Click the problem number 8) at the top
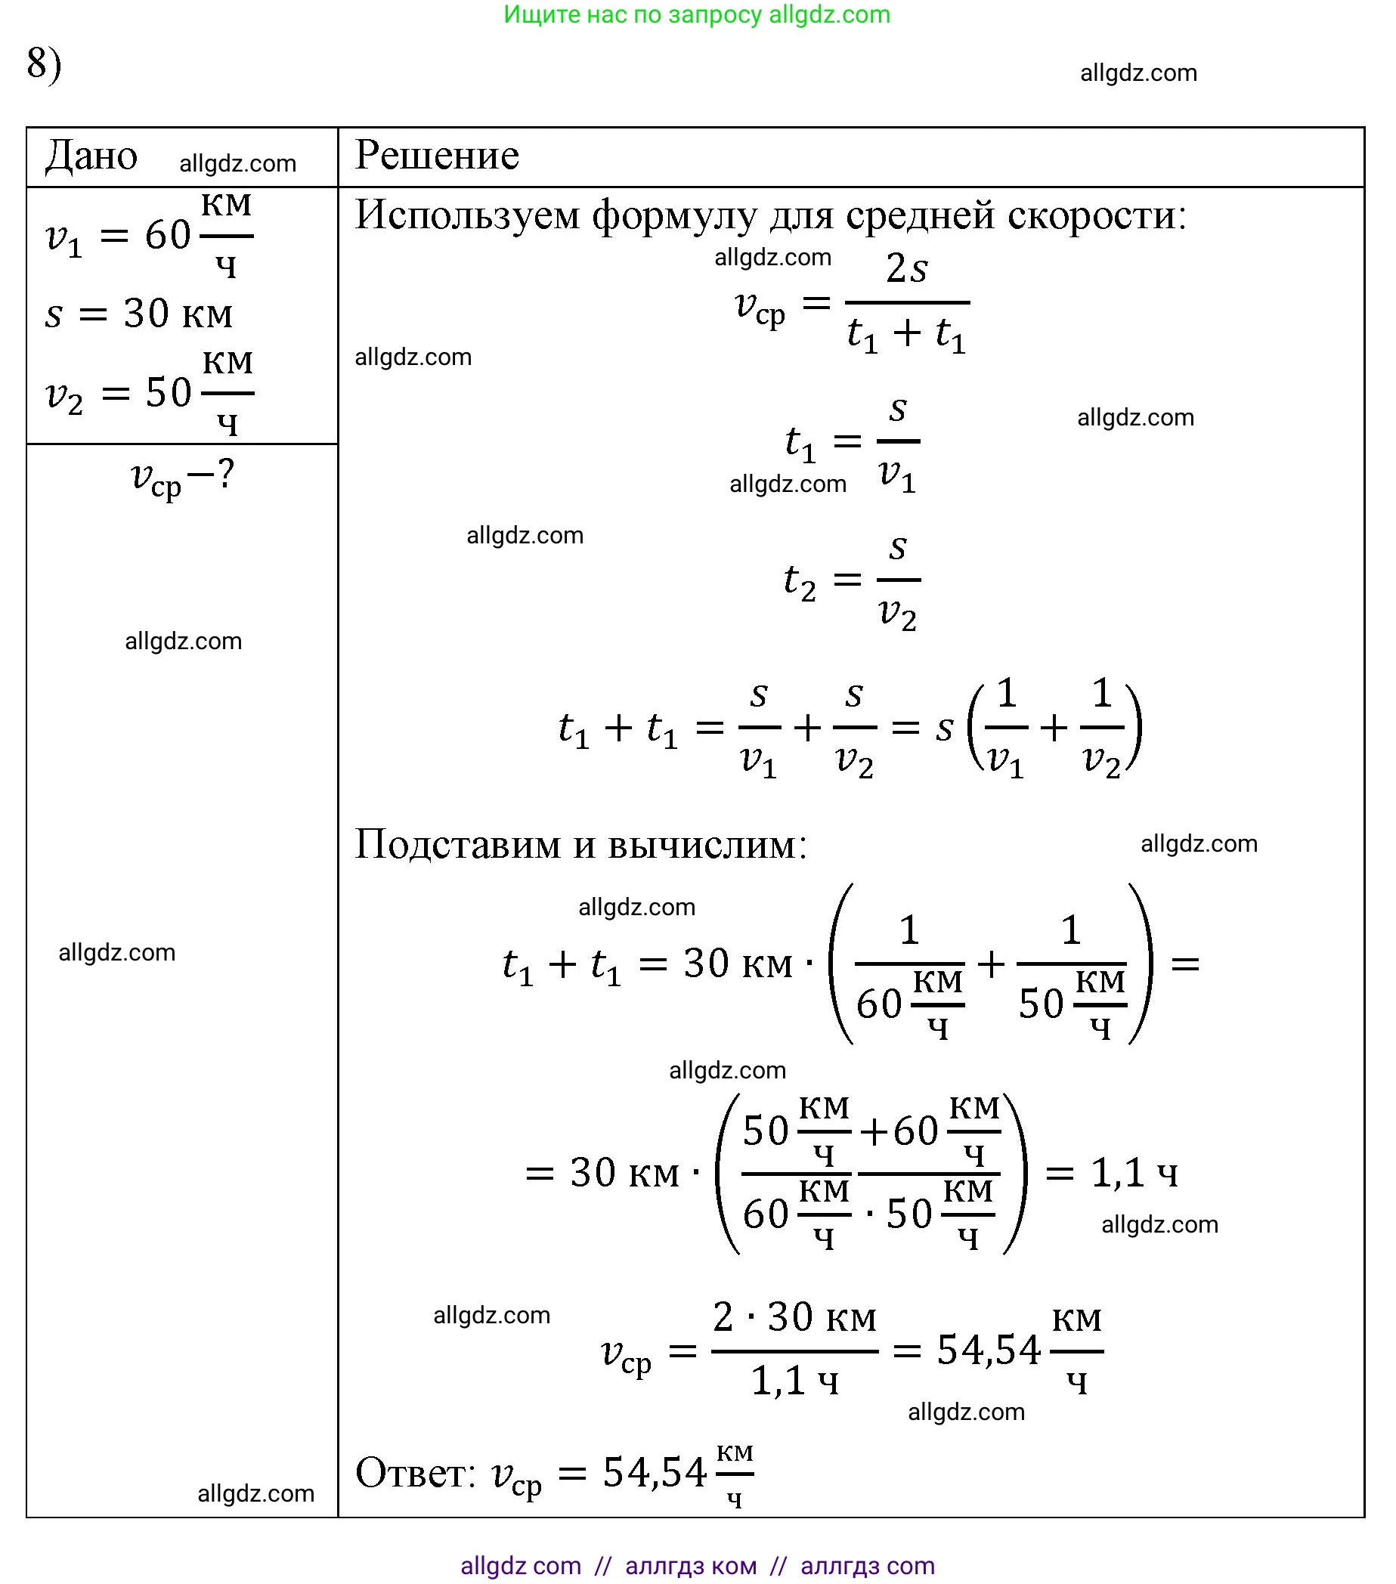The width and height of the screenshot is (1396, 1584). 43,63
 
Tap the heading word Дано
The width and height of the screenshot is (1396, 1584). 91,156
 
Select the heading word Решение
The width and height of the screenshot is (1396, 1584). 436,155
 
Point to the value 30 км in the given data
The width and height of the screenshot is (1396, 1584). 178,314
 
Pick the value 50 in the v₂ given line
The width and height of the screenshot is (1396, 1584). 169,393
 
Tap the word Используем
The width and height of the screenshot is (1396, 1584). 466,215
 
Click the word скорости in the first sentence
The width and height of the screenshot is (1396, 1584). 1097,215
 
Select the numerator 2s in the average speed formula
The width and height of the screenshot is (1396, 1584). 906,269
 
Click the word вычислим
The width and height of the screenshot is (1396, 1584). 707,844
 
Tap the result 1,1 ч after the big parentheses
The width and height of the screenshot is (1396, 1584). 1134,1172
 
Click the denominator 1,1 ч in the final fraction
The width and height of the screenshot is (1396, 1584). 794,1381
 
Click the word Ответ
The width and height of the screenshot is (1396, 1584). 416,1472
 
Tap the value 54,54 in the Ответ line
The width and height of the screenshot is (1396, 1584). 655,1472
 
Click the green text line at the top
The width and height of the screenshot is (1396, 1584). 697,14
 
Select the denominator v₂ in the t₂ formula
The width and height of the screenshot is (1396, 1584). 898,614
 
